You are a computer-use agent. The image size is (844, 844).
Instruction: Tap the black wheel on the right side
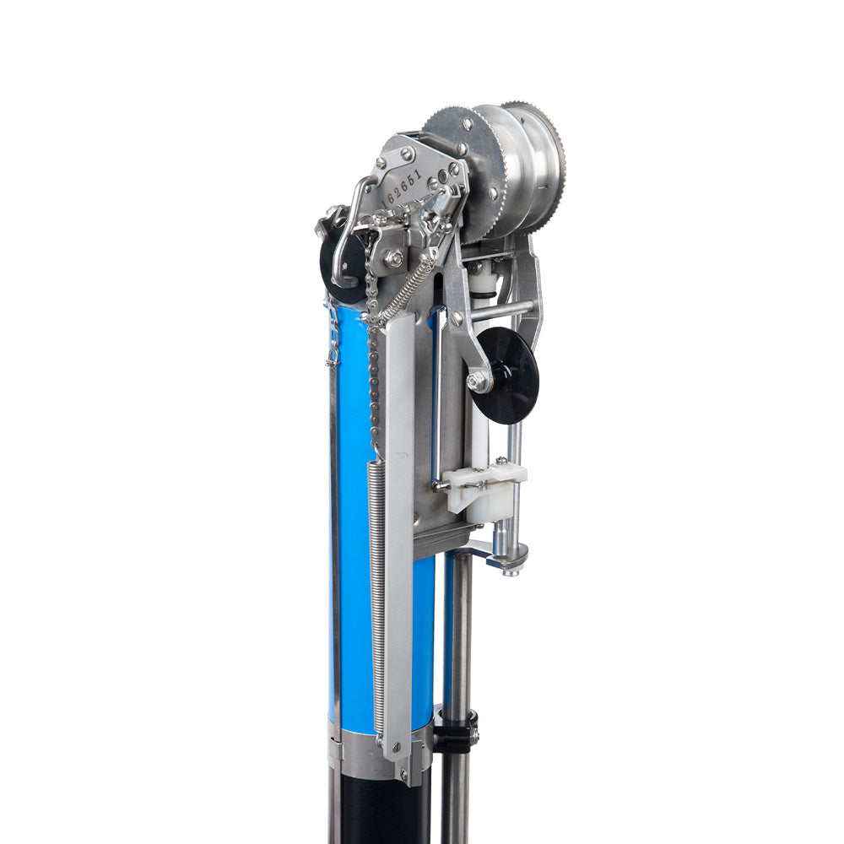pos(506,375)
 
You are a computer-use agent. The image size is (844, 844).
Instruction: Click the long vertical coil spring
pos(376,591)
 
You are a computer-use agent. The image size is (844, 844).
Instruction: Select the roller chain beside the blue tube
pos(373,371)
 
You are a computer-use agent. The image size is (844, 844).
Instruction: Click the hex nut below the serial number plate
pos(393,258)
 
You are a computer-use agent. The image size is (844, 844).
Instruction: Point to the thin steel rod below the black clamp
pos(457,793)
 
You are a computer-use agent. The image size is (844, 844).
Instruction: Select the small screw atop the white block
pos(501,461)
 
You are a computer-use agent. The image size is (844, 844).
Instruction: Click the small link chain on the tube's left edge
pos(333,338)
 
